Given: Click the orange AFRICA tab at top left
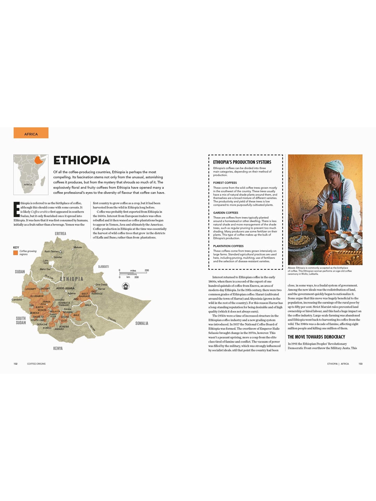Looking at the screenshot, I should [x=31, y=133].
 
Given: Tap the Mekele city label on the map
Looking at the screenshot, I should [x=78, y=247].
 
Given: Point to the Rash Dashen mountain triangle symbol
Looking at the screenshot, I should [x=60, y=252].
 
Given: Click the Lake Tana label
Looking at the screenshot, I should [x=46, y=261].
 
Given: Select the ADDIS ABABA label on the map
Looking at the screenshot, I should [x=65, y=288].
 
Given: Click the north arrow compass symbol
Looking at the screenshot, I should [x=126, y=286].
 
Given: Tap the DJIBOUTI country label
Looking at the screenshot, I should [x=103, y=267].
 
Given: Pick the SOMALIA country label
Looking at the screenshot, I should [x=142, y=323].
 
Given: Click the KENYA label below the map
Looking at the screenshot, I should [x=58, y=348].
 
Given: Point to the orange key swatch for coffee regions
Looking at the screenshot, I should [x=16, y=253].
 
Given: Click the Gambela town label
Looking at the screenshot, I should [x=16, y=300].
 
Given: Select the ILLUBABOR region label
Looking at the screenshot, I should [x=37, y=296].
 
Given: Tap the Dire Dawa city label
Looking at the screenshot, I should [x=101, y=285].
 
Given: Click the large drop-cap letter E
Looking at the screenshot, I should [x=16, y=209].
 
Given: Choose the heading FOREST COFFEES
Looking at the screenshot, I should [x=225, y=183].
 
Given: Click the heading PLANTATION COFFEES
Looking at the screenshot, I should [x=228, y=246].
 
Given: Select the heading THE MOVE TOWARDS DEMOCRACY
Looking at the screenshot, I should [x=316, y=337].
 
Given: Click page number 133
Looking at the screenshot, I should [x=360, y=364].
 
